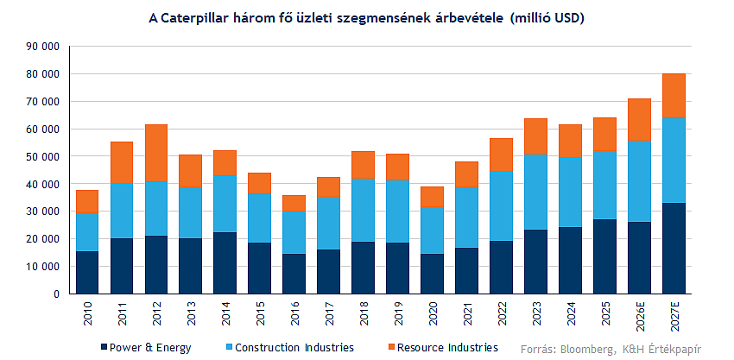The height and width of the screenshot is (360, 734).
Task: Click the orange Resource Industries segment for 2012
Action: tap(156, 153)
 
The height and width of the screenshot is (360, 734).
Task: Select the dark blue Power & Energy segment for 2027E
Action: tap(674, 248)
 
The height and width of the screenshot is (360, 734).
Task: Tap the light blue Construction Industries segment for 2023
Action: tap(536, 192)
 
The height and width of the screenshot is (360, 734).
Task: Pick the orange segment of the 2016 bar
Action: tap(294, 203)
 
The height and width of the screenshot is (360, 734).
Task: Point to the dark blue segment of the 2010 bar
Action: tap(87, 273)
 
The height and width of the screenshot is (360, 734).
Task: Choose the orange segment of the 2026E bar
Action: tap(639, 119)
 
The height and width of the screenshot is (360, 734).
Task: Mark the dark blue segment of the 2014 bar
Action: tap(225, 263)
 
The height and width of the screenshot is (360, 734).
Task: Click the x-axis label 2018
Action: tap(364, 313)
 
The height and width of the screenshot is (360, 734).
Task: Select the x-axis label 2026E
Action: tap(639, 316)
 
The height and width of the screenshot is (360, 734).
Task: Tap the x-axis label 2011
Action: tap(122, 313)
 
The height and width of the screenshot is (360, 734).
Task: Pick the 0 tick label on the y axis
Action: tap(56, 294)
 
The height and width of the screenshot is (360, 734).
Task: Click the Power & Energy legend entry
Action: tap(146, 348)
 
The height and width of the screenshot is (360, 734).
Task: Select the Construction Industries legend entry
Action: tap(290, 348)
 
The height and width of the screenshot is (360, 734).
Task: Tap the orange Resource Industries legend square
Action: tap(392, 348)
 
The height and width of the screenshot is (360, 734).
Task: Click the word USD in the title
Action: tap(569, 19)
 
